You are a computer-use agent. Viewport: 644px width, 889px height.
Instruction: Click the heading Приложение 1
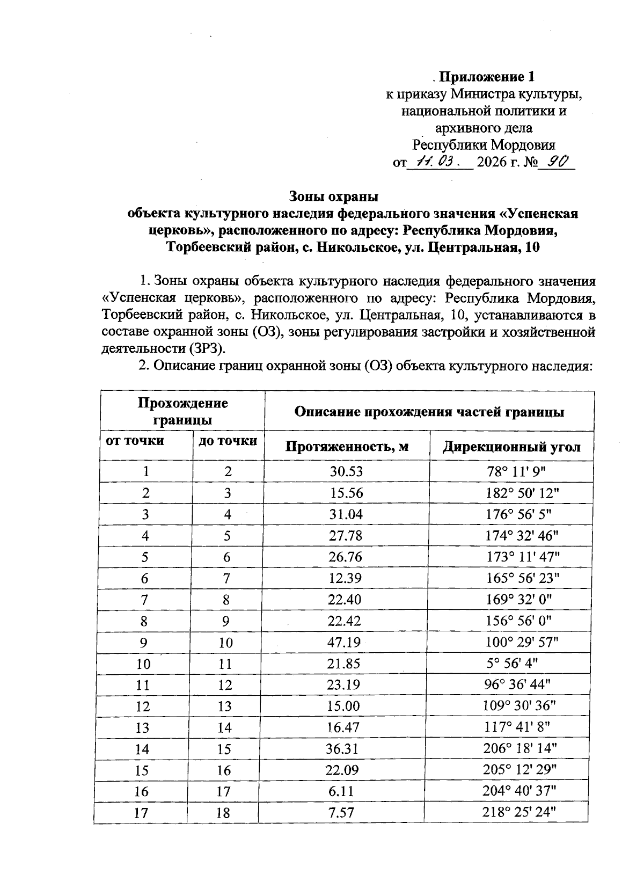point(487,76)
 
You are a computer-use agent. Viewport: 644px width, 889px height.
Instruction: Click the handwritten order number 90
point(555,161)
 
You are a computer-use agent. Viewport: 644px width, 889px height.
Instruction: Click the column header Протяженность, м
point(347,447)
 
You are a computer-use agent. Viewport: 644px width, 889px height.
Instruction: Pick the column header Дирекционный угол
point(511,447)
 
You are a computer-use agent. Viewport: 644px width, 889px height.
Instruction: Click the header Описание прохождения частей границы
point(429,412)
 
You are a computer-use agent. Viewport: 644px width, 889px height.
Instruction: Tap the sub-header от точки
point(135,441)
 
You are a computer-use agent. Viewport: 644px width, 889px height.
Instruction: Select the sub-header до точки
point(228,441)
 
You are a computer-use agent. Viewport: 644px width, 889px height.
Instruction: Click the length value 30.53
point(346,472)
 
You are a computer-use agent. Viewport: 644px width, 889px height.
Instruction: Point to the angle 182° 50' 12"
point(519,493)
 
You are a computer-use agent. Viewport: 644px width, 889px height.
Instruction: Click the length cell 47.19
point(345,642)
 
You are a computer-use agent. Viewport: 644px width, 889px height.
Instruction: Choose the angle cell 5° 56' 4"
point(509,664)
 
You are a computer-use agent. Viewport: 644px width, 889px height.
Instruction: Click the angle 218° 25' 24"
point(519,812)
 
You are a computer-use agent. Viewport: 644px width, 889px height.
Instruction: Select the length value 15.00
point(345,706)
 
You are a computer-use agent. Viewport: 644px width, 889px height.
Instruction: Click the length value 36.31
point(343,748)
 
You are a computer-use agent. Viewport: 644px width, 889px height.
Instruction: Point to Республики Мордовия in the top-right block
point(483,145)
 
